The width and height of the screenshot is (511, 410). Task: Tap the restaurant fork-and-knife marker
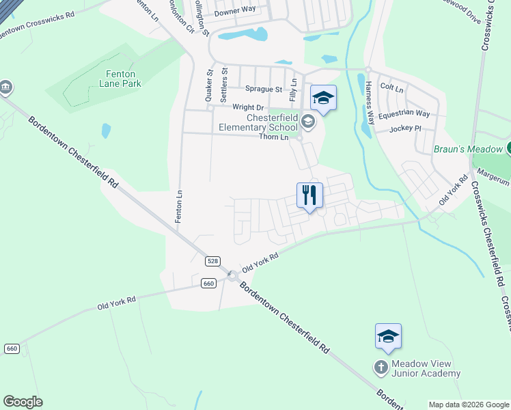(x=309, y=195)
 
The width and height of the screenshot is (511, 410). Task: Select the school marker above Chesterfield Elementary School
(x=323, y=98)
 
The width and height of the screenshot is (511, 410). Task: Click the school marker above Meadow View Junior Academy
(x=387, y=336)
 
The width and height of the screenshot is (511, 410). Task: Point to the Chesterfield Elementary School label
(x=258, y=122)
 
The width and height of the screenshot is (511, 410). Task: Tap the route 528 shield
(x=212, y=261)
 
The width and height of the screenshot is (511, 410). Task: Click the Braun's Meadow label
(x=468, y=148)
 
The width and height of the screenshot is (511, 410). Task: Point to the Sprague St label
(x=264, y=90)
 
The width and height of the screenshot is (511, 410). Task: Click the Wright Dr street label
(x=248, y=107)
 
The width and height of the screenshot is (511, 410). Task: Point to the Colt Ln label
(x=391, y=88)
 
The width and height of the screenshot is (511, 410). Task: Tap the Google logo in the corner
(x=23, y=402)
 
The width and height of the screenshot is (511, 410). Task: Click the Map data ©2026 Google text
(x=469, y=405)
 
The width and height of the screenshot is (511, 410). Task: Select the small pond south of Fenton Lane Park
(x=106, y=131)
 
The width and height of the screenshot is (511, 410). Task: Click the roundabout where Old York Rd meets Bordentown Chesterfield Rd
(x=232, y=276)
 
